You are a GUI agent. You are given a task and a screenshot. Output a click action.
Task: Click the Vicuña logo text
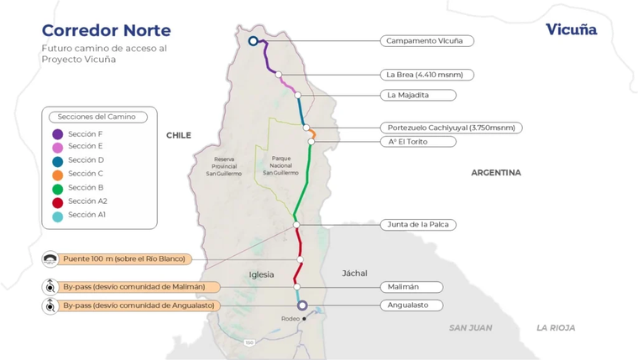coord(571,30)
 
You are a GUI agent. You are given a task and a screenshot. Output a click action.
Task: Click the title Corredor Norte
coord(106,31)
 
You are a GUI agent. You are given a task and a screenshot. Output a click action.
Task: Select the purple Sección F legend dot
coord(57,133)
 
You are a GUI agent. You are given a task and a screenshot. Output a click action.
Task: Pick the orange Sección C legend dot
coord(57,175)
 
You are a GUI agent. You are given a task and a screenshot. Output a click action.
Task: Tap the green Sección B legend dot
coord(57,188)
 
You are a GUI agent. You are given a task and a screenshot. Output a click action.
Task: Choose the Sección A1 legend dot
coord(57,216)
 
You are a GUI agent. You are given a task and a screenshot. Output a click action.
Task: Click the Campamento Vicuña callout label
coord(426,40)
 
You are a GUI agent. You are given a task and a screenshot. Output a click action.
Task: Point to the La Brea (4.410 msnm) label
coord(426,75)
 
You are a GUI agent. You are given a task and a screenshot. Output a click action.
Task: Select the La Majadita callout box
coord(418,95)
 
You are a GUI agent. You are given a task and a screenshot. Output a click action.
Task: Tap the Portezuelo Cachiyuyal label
coord(451,128)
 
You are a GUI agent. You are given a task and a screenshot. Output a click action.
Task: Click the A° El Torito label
coord(418,142)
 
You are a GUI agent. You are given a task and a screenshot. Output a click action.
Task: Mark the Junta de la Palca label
coord(418,225)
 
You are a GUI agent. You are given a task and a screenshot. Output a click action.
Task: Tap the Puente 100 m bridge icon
coord(50,259)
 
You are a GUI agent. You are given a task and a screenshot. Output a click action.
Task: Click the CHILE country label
coord(179,135)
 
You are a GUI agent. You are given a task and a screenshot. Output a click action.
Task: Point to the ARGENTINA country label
coord(495,173)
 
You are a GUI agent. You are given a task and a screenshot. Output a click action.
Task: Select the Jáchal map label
coord(354,274)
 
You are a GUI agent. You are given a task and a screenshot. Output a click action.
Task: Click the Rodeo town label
coord(290,319)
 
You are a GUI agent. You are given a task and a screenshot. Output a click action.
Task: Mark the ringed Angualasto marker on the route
coord(302,305)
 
